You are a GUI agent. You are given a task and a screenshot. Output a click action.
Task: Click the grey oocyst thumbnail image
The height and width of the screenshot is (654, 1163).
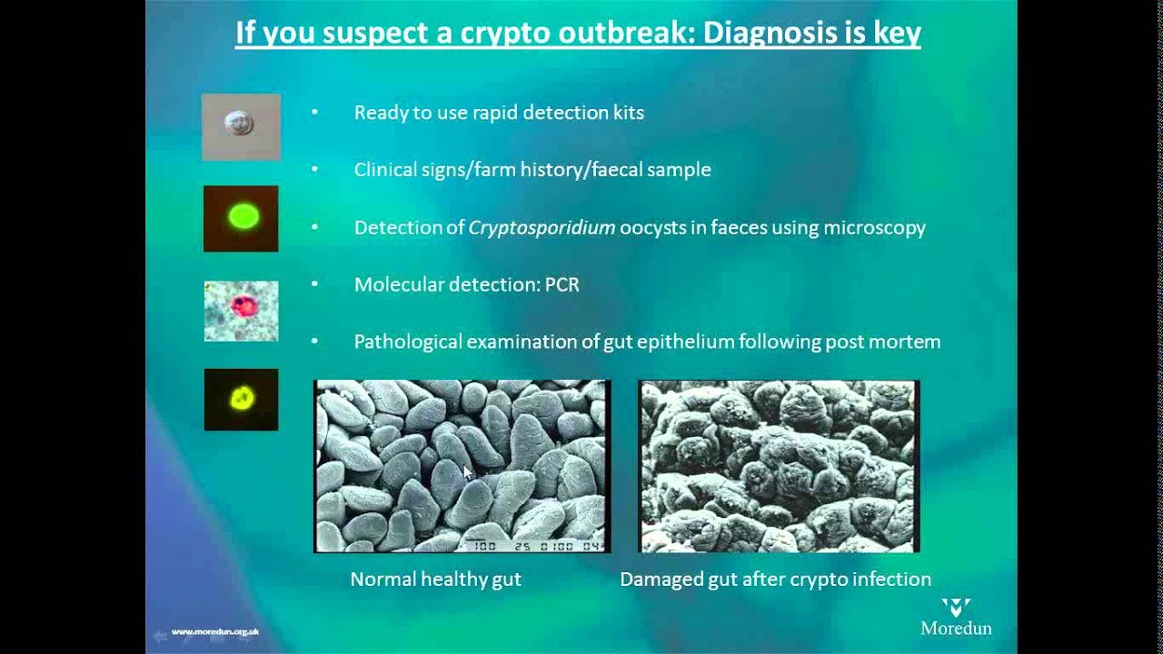241,126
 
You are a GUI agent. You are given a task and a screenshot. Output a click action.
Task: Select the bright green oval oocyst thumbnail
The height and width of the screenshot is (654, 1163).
241,218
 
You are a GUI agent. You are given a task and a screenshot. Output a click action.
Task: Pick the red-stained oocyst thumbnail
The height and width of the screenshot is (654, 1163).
241,311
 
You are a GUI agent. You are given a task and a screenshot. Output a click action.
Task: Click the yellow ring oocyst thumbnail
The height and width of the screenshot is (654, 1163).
241,400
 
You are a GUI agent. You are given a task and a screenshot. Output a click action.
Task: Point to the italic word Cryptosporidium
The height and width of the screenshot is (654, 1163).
542,227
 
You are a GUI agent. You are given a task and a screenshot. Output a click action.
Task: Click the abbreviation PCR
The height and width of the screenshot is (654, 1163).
562,284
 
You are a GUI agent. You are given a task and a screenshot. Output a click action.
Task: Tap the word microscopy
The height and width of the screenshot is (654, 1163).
874,227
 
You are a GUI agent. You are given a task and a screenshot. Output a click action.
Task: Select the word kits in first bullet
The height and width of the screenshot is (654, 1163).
627,113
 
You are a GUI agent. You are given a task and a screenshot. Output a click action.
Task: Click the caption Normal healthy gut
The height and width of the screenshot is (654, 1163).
435,579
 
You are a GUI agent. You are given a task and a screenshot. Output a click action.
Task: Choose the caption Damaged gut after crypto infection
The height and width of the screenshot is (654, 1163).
775,579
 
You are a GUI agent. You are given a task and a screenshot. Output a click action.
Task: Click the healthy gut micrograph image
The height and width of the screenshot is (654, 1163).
462,466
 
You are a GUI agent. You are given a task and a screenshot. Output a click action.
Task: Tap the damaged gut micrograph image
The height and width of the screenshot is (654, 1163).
779,466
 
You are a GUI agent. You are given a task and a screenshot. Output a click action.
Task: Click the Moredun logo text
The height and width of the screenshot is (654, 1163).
956,628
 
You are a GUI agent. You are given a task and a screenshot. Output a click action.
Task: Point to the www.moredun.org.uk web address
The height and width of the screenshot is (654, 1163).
215,631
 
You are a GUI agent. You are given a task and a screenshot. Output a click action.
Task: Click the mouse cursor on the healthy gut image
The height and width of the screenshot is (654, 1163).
467,472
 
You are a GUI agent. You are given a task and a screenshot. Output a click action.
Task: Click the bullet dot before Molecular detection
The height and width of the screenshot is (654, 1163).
314,284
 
